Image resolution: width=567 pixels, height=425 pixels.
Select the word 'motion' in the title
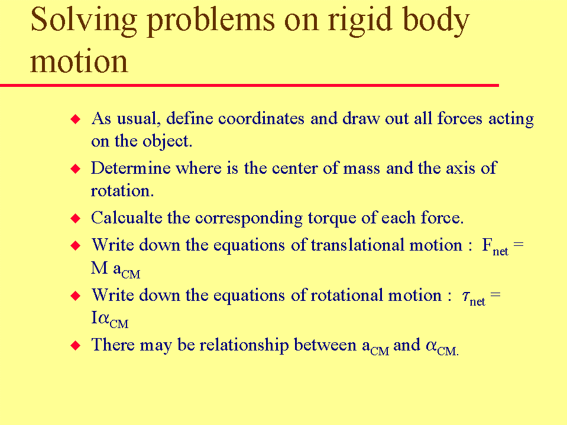pyautogui.click(x=79, y=61)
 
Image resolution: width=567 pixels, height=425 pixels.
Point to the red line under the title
pyautogui.click(x=250, y=85)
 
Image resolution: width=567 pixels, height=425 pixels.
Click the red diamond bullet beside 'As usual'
pyautogui.click(x=76, y=119)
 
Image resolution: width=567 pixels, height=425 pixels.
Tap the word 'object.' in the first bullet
pyautogui.click(x=167, y=141)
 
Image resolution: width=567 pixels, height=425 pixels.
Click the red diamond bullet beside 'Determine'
pyautogui.click(x=76, y=168)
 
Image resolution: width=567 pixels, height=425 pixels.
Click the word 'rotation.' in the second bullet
pyautogui.click(x=122, y=191)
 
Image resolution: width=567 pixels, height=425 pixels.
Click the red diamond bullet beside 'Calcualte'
pyautogui.click(x=76, y=218)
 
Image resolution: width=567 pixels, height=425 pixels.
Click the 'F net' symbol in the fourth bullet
pyautogui.click(x=495, y=247)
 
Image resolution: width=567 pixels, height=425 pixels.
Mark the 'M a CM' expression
pyautogui.click(x=115, y=270)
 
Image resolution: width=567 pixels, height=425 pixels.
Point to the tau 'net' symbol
pyautogui.click(x=474, y=298)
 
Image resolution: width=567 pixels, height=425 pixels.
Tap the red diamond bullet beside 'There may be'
pyautogui.click(x=76, y=345)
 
